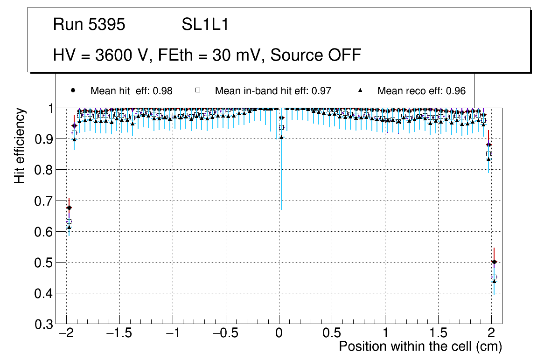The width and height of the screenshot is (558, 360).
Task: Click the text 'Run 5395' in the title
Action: (89, 25)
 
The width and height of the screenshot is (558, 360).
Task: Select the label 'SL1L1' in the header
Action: (205, 25)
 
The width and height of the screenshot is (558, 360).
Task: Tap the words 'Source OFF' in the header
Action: (316, 55)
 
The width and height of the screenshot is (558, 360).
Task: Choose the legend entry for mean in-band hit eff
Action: (273, 91)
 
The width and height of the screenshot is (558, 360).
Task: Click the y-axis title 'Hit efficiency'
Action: (20, 145)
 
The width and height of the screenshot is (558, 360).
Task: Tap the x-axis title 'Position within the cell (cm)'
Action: (420, 346)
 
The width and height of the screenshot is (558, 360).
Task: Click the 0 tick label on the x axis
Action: (279, 333)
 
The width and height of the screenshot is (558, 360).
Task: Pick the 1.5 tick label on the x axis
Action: (438, 333)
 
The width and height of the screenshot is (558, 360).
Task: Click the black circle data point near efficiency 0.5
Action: (494, 262)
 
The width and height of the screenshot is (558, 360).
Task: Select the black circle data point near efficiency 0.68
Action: (69, 208)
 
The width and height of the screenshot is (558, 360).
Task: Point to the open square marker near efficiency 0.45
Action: (494, 277)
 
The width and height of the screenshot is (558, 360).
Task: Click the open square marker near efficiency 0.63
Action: (69, 222)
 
